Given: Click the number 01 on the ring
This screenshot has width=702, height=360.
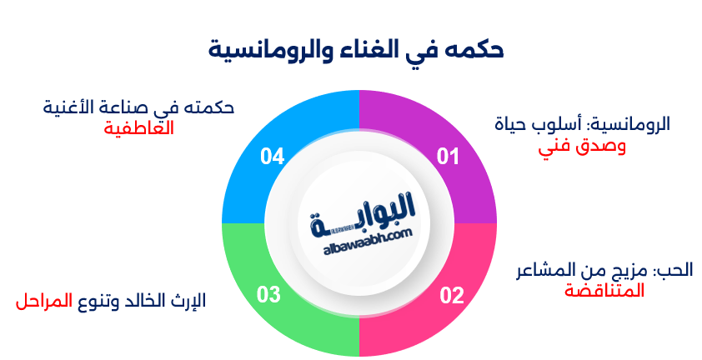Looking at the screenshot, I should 449,156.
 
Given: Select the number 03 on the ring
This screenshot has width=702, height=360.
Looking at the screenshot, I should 268,295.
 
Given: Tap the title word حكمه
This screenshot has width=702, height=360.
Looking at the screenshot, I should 479,48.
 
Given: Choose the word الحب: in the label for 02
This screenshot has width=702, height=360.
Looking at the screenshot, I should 673,270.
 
